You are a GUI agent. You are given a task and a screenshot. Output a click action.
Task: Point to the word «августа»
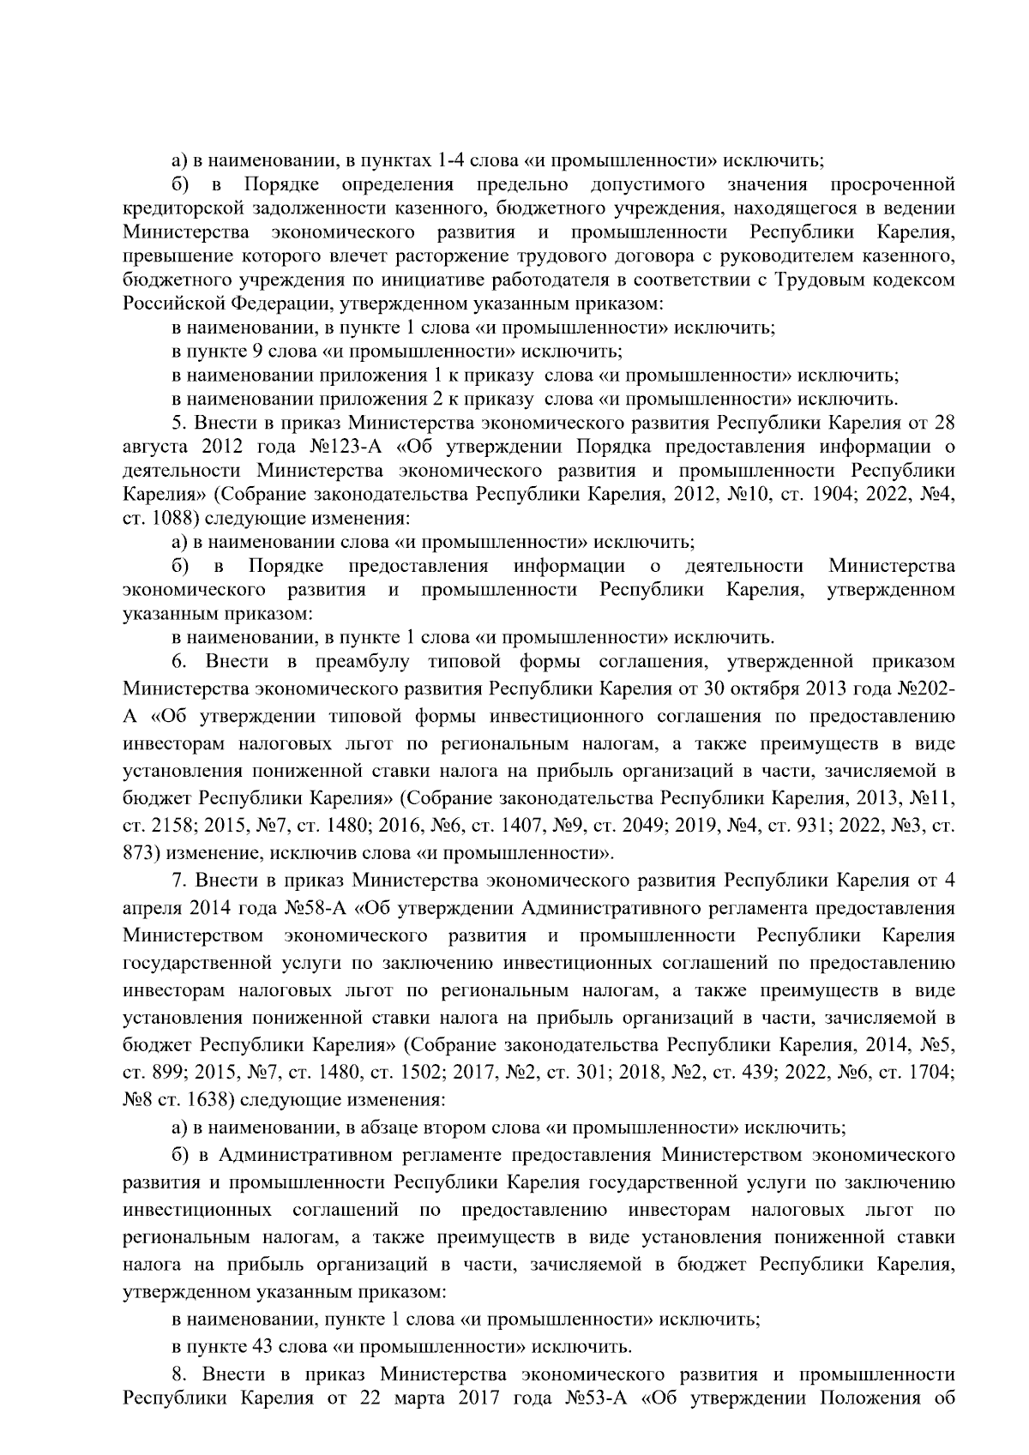click(x=153, y=447)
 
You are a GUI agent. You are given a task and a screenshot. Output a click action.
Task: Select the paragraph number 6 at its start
click(x=178, y=662)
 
